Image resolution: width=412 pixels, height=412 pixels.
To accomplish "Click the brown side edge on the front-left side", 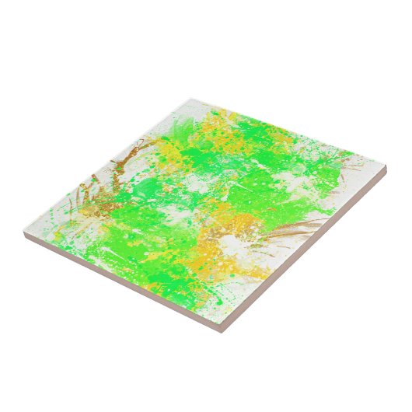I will coord(117,284).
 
